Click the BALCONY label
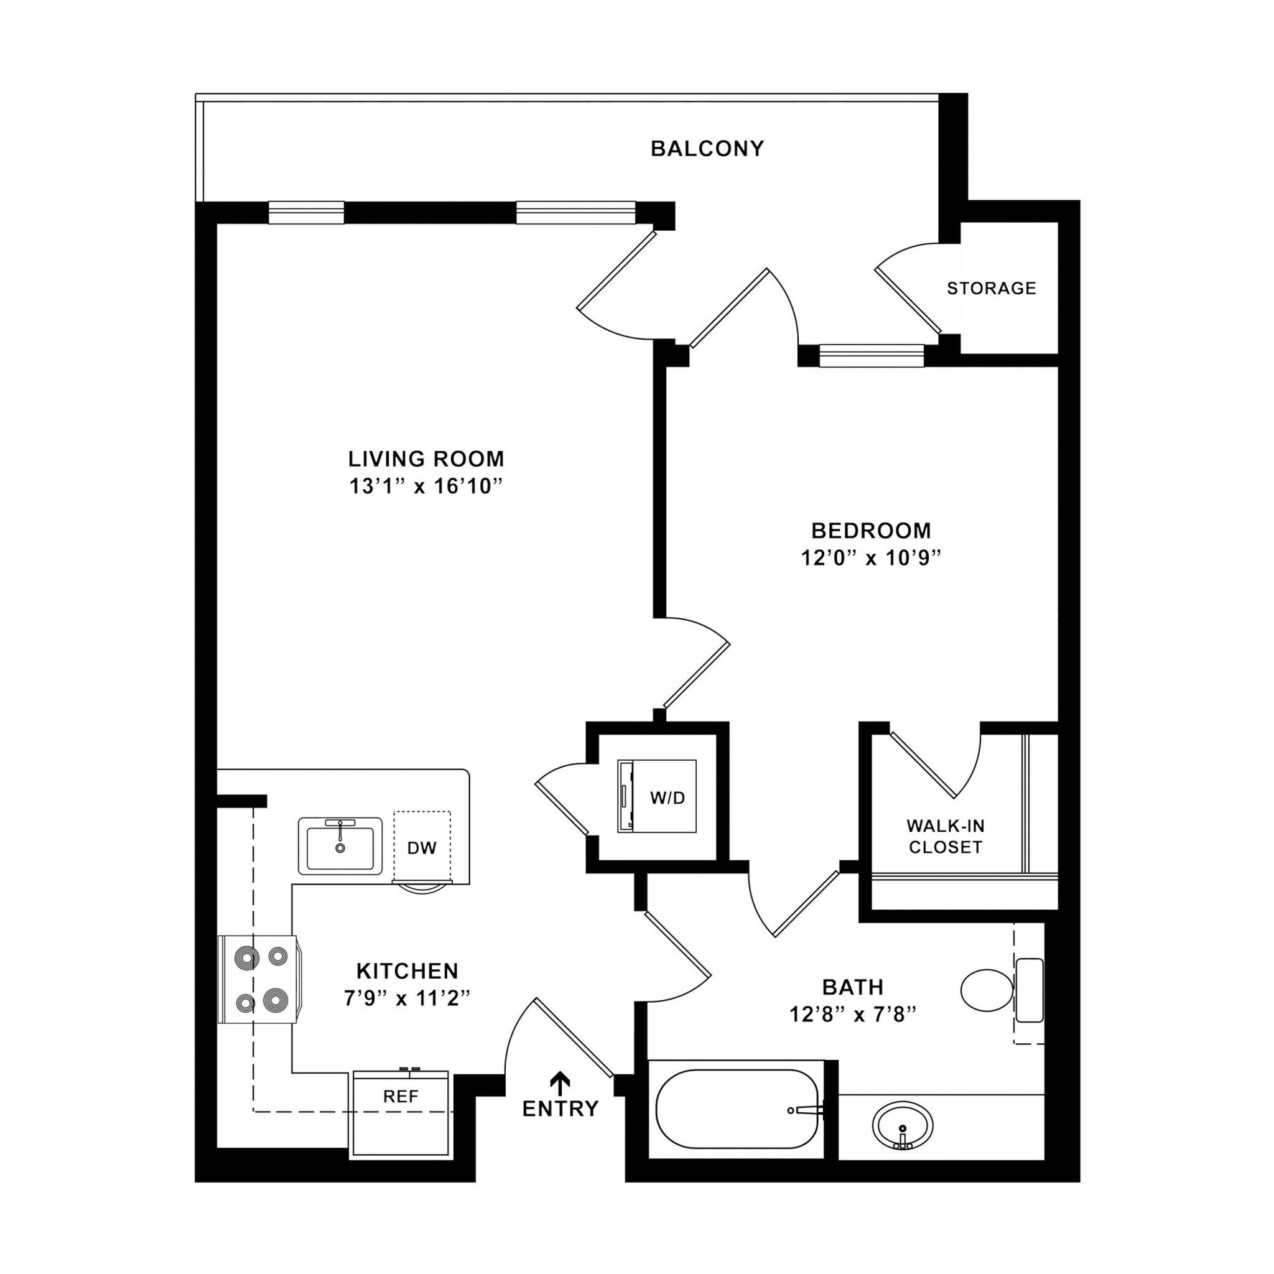707,149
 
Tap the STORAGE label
991,288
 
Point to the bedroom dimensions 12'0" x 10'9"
870,559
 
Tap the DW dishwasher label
422,848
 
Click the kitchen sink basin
340,849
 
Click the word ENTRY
560,1109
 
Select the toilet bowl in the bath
987,990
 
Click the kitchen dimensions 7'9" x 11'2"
407,999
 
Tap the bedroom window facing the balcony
871,355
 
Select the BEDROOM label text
870,530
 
